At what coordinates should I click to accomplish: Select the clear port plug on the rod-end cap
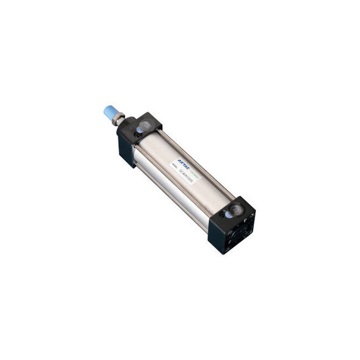click(144, 126)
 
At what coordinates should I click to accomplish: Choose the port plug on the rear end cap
click(236, 210)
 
